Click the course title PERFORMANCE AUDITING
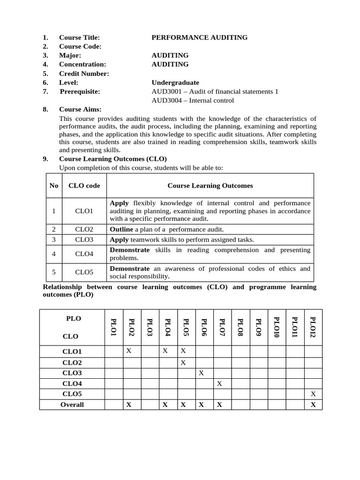tap(199, 37)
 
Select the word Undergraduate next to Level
tap(175, 82)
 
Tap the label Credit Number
tap(84, 74)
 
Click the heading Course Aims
tap(80, 109)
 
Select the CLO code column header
tap(84, 186)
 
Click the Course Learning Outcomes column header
tap(210, 186)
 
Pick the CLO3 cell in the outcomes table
tap(84, 240)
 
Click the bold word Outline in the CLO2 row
tap(121, 229)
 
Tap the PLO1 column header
tap(113, 327)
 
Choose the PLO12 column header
tap(313, 327)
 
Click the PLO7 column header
tap(222, 327)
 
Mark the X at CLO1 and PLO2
tap(128, 351)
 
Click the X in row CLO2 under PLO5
tap(183, 362)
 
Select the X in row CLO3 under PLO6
tap(201, 373)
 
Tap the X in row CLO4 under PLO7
tap(219, 383)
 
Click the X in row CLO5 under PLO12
tap(313, 394)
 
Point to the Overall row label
tap(72, 405)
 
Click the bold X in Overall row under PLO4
tap(165, 405)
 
